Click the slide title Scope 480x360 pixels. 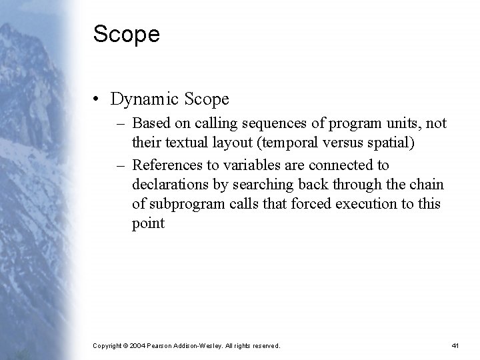pyautogui.click(x=127, y=35)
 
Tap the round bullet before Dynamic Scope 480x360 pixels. pyautogui.click(x=97, y=100)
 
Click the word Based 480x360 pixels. pyautogui.click(x=151, y=123)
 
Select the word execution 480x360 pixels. pyautogui.click(x=353, y=203)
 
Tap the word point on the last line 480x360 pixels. pyautogui.click(x=148, y=223)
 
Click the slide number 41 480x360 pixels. pyautogui.click(x=455, y=346)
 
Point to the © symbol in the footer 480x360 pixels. pyautogui.click(x=126, y=346)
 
